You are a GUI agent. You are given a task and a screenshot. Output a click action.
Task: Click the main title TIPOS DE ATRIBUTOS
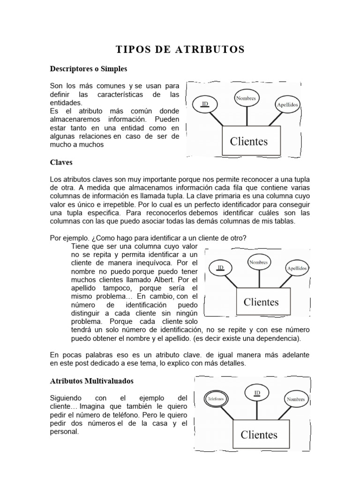[x=180, y=49]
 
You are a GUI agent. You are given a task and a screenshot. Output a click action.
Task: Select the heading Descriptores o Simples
[x=89, y=69]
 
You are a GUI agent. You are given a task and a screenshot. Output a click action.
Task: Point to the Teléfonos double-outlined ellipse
[x=216, y=399]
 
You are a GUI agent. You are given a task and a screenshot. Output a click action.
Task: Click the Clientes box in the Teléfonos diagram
[x=259, y=435]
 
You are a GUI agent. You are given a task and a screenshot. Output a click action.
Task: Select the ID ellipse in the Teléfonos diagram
[x=257, y=392]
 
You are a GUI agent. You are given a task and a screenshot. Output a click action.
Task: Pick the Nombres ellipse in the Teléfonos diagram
[x=296, y=399]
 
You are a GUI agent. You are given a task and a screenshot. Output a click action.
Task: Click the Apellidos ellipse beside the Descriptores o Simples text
[x=288, y=105]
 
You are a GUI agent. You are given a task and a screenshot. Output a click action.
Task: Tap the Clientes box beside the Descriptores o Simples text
[x=248, y=141]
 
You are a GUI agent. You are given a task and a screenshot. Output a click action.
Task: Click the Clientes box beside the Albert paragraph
[x=261, y=302]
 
